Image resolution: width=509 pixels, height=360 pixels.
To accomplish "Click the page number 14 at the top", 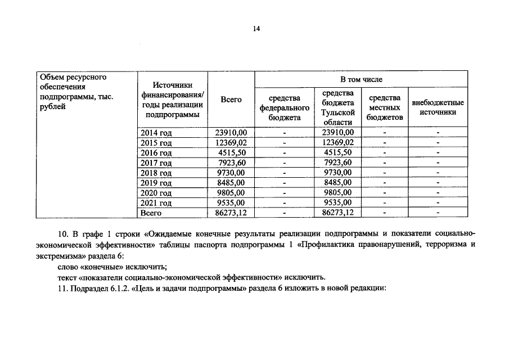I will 256,28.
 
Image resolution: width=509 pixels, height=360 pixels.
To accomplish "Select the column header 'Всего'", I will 231,100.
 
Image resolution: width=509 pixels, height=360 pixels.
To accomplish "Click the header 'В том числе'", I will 361,80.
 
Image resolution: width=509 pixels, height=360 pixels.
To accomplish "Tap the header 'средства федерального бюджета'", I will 285,108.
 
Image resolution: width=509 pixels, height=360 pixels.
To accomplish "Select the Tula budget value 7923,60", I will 338,163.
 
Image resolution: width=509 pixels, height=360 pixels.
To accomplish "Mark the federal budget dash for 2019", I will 285,183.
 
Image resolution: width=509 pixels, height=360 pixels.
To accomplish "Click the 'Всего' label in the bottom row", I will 151,213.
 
